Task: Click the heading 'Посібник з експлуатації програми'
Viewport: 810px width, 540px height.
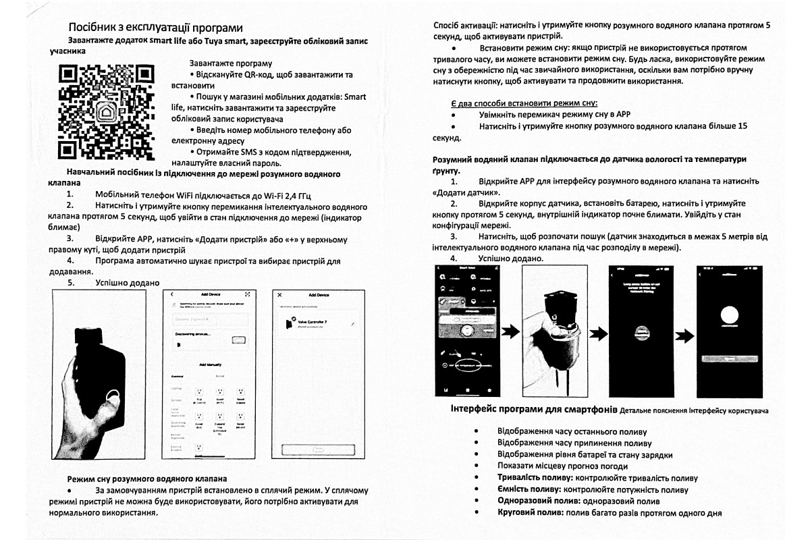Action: coord(156,28)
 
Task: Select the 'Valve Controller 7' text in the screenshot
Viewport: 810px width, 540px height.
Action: coord(312,323)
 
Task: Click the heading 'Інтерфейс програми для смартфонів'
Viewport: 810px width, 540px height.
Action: coord(533,409)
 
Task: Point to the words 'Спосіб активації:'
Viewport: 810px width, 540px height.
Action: coord(466,25)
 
